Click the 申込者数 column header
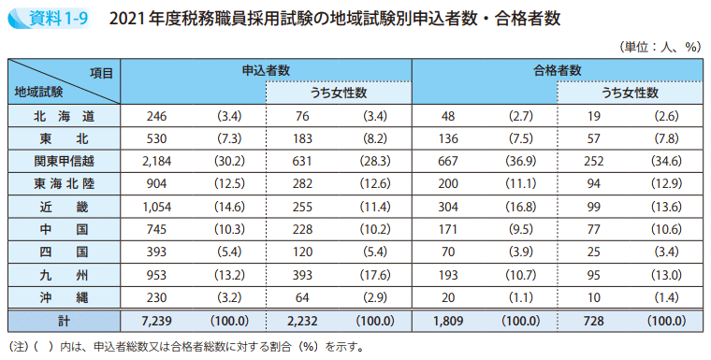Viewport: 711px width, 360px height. [266, 70]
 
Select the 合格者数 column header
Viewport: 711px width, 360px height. [558, 70]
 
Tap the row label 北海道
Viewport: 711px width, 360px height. [64, 116]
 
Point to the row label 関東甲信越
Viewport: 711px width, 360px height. [64, 161]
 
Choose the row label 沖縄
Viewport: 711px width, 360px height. [64, 297]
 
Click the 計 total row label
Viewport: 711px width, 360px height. [64, 321]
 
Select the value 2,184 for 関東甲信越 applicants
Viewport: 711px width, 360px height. [155, 161]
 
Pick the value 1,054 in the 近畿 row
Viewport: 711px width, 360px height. [155, 207]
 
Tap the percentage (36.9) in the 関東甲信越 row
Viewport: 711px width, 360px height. [521, 161]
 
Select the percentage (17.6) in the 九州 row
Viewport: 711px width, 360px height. [374, 275]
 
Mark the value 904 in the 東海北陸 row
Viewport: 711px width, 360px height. [155, 184]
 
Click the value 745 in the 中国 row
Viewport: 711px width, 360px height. [155, 229]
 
